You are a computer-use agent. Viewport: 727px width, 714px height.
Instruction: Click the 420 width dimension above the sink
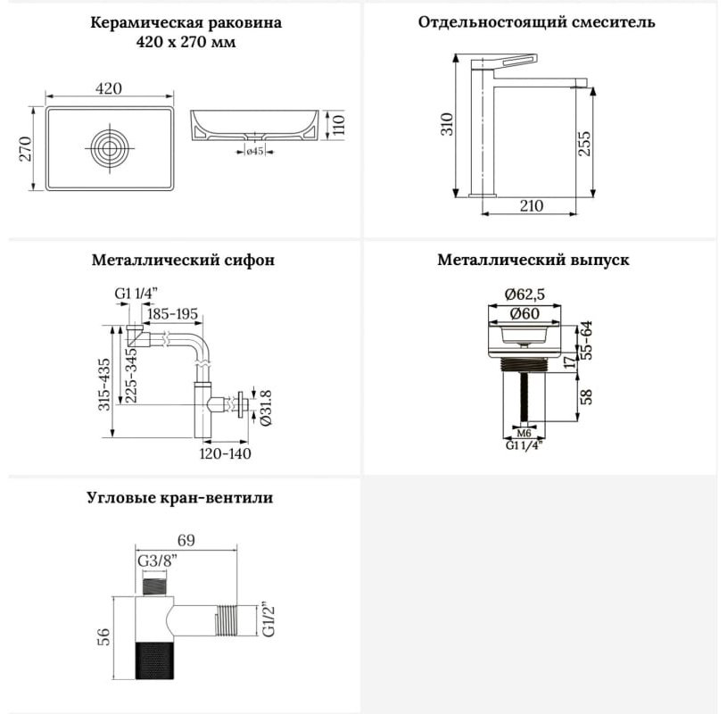coord(109,88)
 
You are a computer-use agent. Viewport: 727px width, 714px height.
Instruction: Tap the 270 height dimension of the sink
coord(26,148)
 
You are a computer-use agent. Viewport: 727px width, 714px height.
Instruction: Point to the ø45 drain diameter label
coord(254,151)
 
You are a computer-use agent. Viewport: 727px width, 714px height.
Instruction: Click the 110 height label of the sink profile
coord(339,124)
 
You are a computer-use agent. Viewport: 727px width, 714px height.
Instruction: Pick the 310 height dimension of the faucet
coord(448,124)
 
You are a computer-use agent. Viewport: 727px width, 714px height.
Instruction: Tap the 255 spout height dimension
coord(584,144)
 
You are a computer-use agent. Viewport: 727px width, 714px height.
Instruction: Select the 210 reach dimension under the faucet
coord(531,205)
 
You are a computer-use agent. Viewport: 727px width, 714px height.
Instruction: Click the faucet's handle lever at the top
coord(515,62)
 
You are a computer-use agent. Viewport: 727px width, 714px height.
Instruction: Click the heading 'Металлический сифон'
coord(183,260)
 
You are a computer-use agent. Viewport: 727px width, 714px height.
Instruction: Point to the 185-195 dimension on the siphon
coord(172,313)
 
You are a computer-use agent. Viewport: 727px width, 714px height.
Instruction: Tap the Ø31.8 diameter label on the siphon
coord(267,408)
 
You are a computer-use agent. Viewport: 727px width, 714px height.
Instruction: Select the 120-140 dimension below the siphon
coord(226,453)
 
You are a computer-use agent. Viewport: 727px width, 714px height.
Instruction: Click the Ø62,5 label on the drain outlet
coord(525,295)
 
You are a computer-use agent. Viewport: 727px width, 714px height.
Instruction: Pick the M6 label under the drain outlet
coord(524,433)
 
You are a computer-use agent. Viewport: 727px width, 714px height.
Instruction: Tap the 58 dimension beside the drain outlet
coord(587,396)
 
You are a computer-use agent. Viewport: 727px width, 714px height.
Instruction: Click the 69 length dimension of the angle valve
coord(186,541)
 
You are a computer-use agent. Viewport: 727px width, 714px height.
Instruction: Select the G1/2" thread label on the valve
coord(268,619)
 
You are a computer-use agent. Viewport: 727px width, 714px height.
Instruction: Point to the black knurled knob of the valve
coord(154,660)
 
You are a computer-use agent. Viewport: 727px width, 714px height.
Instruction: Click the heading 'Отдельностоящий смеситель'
coord(536,22)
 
